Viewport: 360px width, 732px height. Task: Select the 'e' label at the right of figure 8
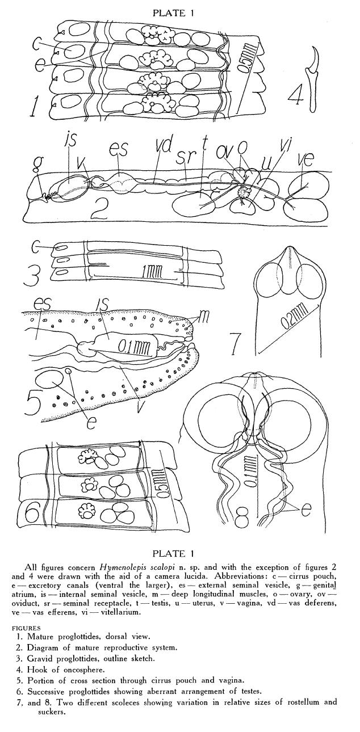coord(306,510)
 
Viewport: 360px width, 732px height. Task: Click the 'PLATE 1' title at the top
coord(173,13)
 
